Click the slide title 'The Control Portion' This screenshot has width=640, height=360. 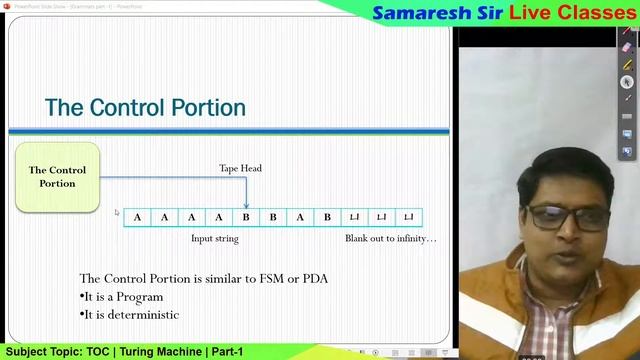tap(145, 107)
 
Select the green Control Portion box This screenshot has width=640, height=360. tap(57, 177)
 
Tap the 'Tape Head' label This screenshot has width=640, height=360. tap(241, 168)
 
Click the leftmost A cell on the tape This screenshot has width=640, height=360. tap(137, 217)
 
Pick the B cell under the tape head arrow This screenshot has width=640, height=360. tap(246, 217)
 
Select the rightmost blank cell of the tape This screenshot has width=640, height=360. tap(409, 217)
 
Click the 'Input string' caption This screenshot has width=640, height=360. tap(215, 239)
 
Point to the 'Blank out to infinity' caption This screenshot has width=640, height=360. tap(390, 239)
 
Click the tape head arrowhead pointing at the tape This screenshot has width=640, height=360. tap(246, 205)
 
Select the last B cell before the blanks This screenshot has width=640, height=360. tap(327, 217)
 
